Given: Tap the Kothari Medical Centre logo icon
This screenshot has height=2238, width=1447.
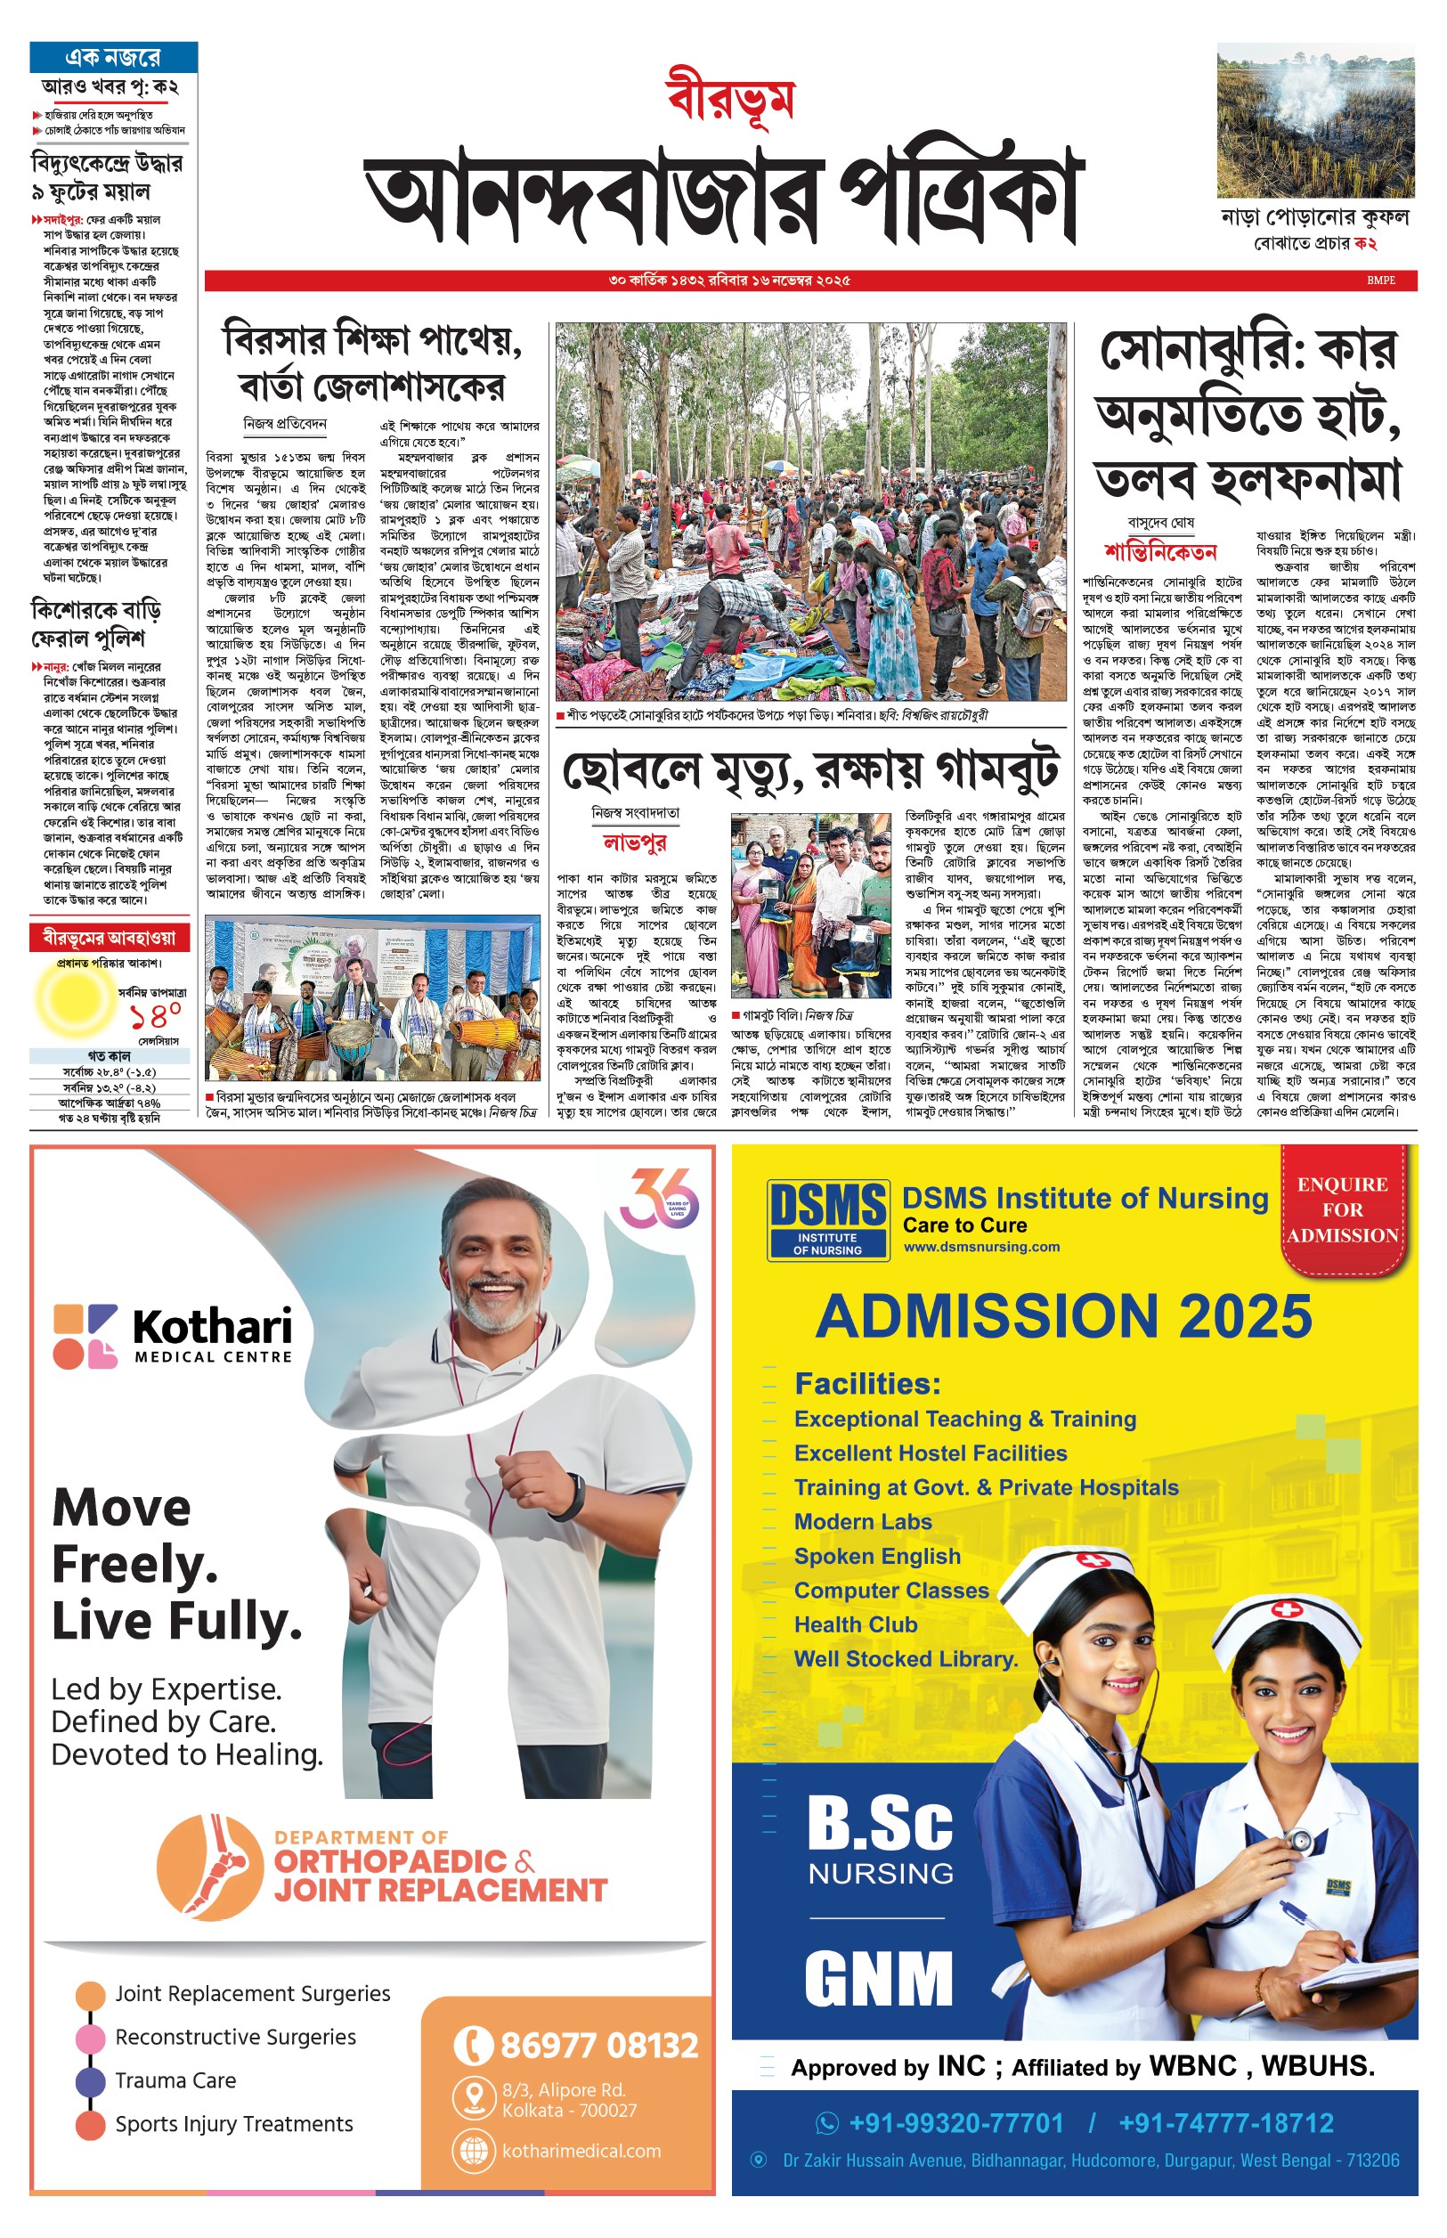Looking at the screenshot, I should pos(85,1335).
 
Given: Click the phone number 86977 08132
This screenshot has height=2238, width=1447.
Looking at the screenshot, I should pos(598,2045).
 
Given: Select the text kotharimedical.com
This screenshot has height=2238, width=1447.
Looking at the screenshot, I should pos(581,2150).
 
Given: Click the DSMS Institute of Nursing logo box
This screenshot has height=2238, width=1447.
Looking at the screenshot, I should pos(827,1217).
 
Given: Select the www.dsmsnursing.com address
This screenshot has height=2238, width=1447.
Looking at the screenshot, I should pos(981,1247).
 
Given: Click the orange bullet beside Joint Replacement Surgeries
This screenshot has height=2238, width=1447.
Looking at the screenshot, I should pos(90,1994).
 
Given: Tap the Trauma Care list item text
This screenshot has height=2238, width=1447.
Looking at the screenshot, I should pos(175,2080).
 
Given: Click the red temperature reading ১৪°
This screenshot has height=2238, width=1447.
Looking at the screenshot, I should pos(155,1015).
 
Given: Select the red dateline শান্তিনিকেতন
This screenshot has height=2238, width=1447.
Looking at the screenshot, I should pos(1160,551).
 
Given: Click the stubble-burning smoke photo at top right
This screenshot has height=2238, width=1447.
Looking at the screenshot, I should pos(1315,119).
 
